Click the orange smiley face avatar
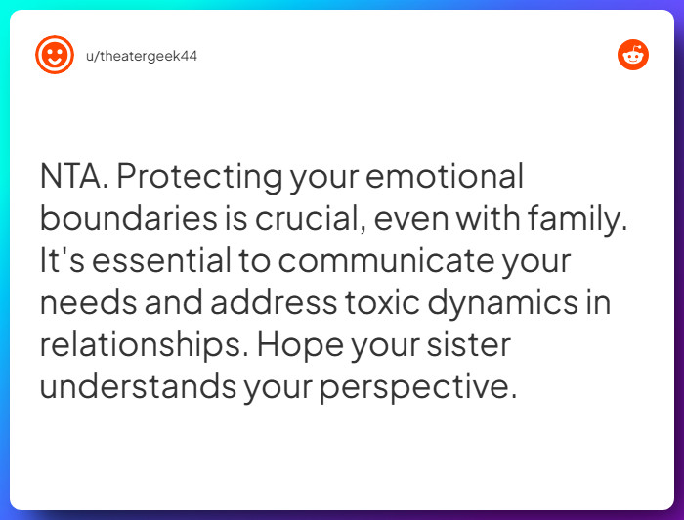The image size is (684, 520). (x=55, y=55)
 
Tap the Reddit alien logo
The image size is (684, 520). (x=633, y=55)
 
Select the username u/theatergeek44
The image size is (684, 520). (x=142, y=57)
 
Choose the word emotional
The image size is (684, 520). (x=445, y=176)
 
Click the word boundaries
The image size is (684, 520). (x=129, y=218)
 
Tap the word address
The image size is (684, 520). (x=274, y=302)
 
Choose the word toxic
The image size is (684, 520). (x=383, y=302)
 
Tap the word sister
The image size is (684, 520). (x=468, y=345)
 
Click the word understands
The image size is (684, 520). (x=139, y=386)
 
